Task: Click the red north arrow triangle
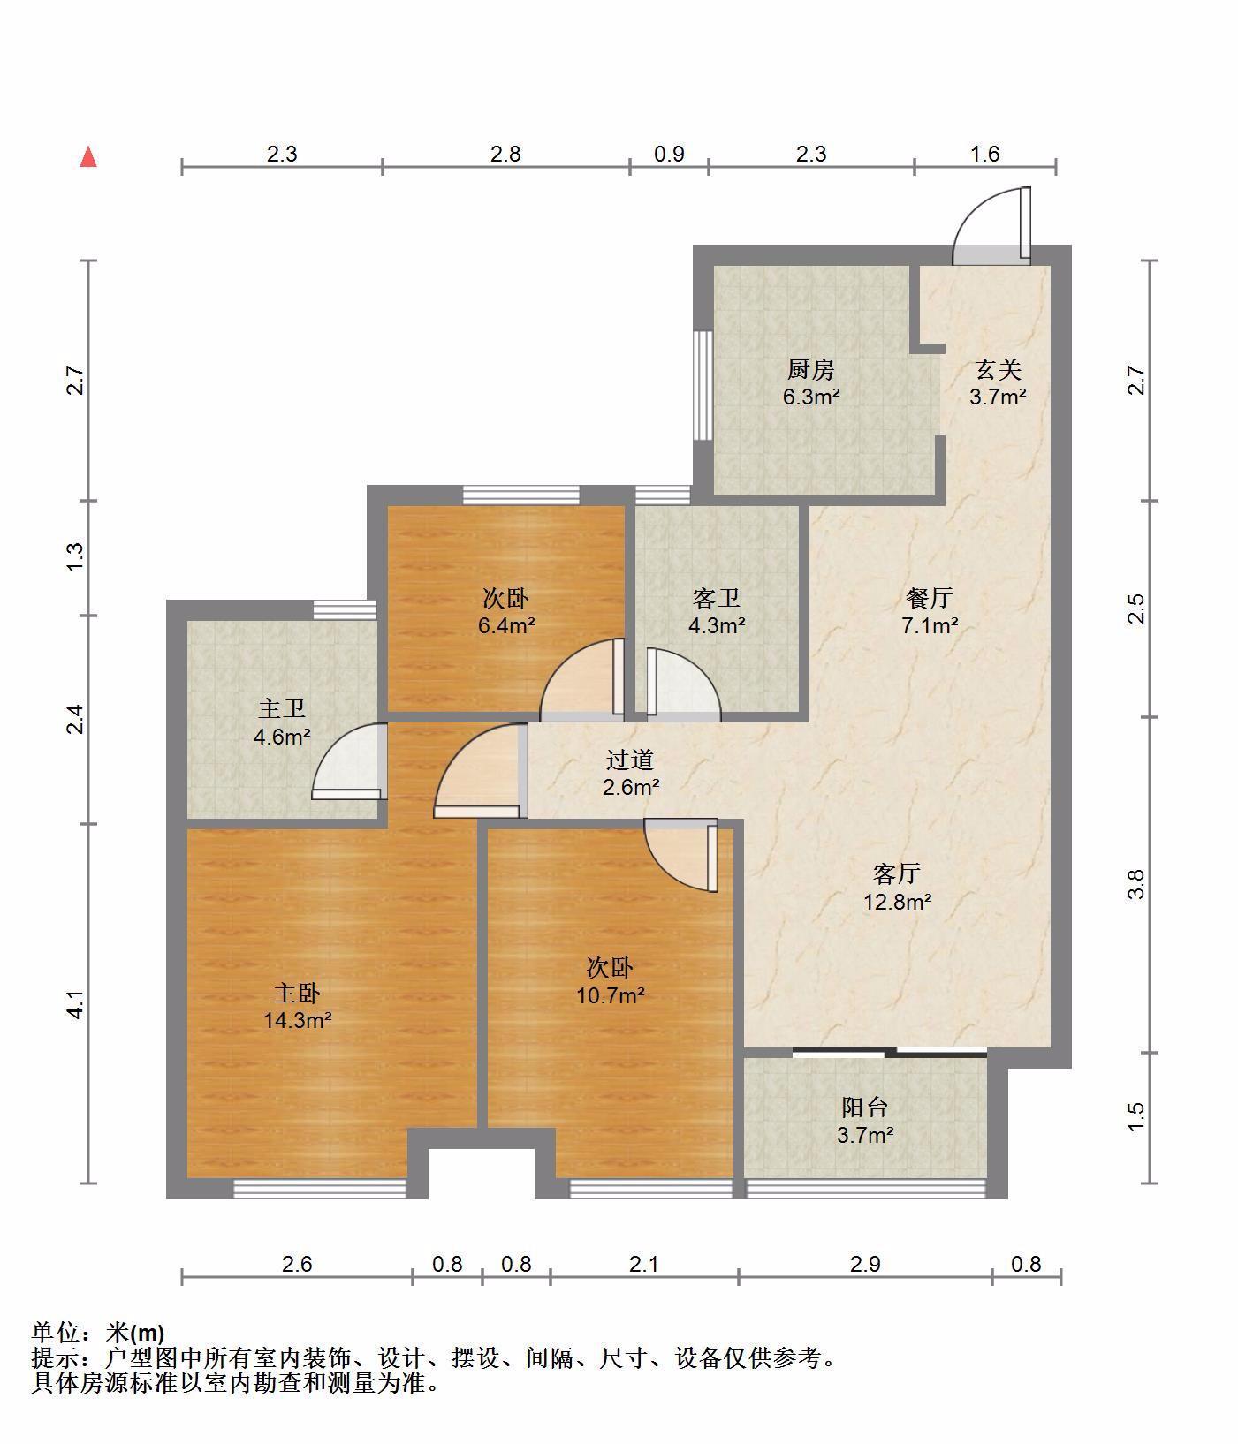[x=88, y=157]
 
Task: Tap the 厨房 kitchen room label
[x=810, y=368]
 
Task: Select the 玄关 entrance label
[x=998, y=368]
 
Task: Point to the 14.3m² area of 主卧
[x=297, y=1021]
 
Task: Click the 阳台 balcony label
[x=864, y=1107]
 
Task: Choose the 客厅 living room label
[x=897, y=874]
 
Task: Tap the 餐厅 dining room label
[x=930, y=598]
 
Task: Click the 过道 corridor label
[x=630, y=759]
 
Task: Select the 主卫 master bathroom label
[x=282, y=708]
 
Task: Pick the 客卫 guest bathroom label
[x=717, y=598]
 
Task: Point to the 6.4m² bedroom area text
[x=506, y=626]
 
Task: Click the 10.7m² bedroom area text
[x=611, y=996]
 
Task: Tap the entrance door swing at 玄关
[x=991, y=226]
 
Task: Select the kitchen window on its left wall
[x=703, y=385]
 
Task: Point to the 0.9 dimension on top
[x=669, y=154]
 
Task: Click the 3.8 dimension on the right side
[x=1136, y=884]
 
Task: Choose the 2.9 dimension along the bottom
[x=865, y=1264]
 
